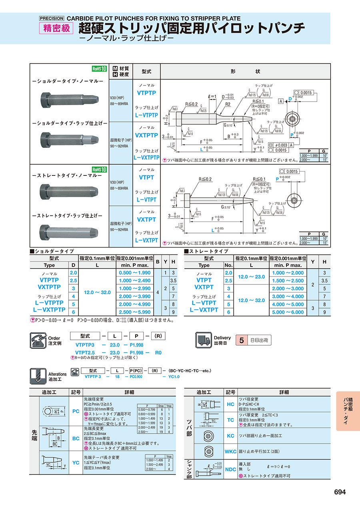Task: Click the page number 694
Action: [x=340, y=492]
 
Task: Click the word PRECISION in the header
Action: [x=52, y=18]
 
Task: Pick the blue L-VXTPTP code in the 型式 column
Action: [x=146, y=157]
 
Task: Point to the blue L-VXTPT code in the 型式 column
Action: [x=146, y=241]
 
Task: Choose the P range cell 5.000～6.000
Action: [x=288, y=312]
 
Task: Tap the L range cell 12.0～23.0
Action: [x=251, y=277]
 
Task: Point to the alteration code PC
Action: [x=76, y=411]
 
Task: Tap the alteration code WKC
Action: [x=231, y=452]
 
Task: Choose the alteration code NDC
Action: [x=231, y=469]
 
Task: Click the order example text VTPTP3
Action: [x=84, y=345]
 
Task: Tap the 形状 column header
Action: [x=245, y=71]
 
